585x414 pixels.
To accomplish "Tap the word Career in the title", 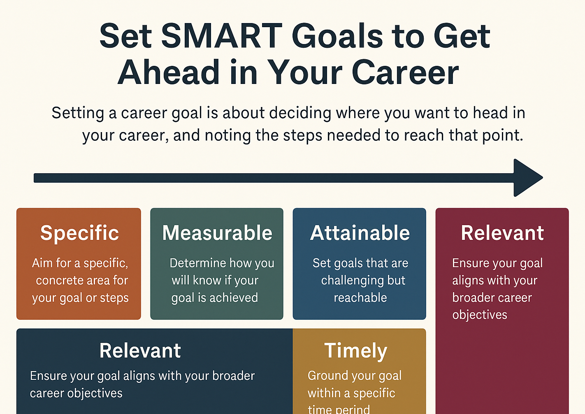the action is pyautogui.click(x=405, y=72).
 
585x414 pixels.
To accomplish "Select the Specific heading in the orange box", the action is pyautogui.click(x=79, y=233).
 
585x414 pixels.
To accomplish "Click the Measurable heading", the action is pyautogui.click(x=217, y=233).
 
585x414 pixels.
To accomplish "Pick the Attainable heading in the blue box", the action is pyautogui.click(x=360, y=233).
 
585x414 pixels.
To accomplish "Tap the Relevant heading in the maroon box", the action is pyautogui.click(x=502, y=233).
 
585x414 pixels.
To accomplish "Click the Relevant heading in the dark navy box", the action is pyautogui.click(x=140, y=351).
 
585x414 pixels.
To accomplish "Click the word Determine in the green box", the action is pyautogui.click(x=198, y=263).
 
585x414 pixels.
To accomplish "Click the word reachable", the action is pyautogui.click(x=360, y=298).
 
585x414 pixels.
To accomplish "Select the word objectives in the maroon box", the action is pyautogui.click(x=480, y=315).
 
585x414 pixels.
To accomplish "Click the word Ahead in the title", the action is pyautogui.click(x=168, y=72).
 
